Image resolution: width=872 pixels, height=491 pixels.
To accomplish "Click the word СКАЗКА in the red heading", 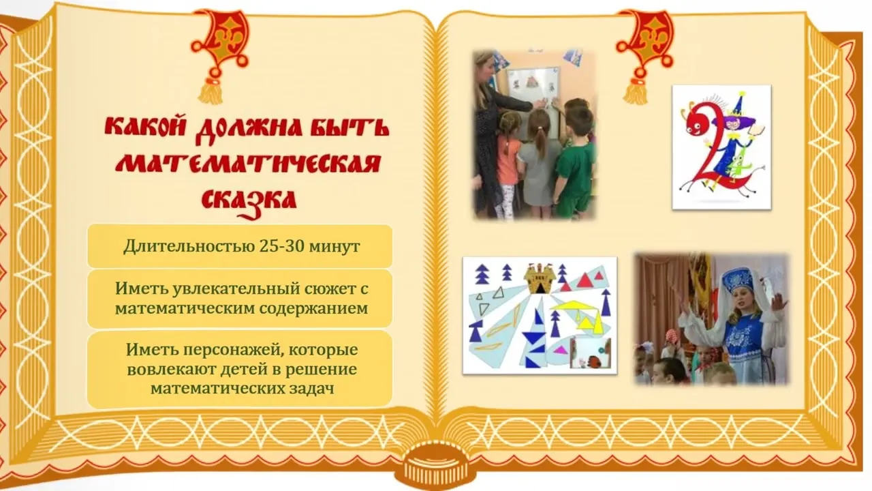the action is click(249, 201).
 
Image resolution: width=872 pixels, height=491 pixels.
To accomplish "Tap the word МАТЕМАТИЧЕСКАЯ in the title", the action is click(248, 164).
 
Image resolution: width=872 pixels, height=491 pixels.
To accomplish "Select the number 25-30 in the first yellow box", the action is click(281, 246).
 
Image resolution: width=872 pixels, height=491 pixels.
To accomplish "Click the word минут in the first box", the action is click(334, 247).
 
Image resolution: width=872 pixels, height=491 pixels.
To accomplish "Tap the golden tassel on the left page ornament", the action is click(211, 91).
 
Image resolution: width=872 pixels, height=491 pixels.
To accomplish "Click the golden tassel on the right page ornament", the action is click(636, 91).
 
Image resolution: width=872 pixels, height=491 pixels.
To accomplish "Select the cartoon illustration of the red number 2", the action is click(721, 147).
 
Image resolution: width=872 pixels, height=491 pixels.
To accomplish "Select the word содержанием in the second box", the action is click(313, 309).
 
